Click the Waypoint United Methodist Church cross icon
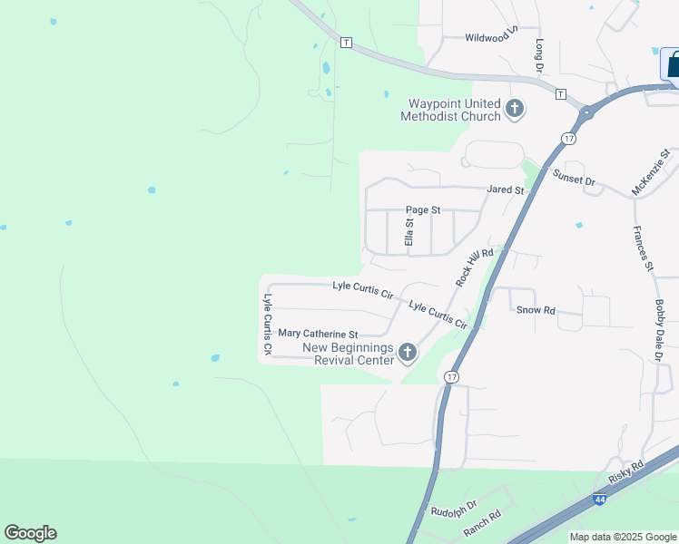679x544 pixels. tap(515, 110)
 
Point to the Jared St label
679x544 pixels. tap(506, 189)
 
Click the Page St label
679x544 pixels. tap(423, 209)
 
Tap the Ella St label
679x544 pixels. tap(409, 232)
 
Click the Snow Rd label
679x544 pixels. tap(536, 310)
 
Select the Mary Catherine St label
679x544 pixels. tap(319, 334)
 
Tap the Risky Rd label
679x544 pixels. tap(625, 471)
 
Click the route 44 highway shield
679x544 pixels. tap(599, 500)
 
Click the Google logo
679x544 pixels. tap(30, 533)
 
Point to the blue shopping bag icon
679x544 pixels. tap(673, 64)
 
